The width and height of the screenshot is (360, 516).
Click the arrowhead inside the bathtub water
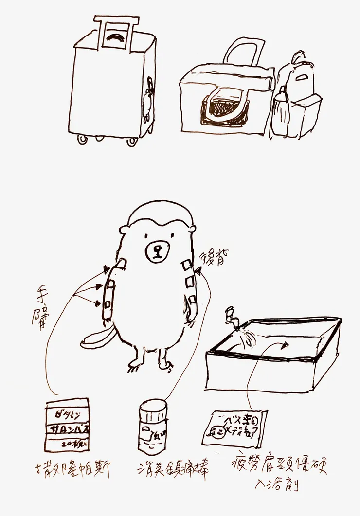click(x=285, y=345)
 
